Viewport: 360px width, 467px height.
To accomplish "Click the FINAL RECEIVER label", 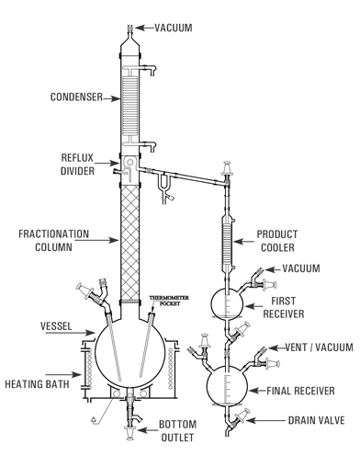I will (x=304, y=390).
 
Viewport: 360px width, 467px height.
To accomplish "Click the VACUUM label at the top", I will (x=173, y=28).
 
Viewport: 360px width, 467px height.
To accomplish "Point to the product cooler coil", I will (x=225, y=242).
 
